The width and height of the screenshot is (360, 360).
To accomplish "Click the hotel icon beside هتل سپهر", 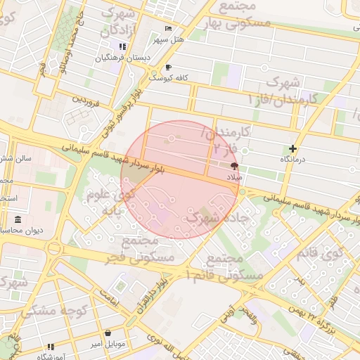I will (x=168, y=28).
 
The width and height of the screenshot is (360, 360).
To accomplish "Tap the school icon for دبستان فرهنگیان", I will (x=123, y=46).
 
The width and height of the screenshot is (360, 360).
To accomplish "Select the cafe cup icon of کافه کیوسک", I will (x=168, y=67).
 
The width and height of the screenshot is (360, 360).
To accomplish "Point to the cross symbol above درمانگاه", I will (x=292, y=148).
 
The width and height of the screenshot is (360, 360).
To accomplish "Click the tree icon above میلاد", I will (x=234, y=167).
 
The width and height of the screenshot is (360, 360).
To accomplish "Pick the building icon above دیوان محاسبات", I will (x=18, y=219).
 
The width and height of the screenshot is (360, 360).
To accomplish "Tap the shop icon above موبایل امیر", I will (x=108, y=333).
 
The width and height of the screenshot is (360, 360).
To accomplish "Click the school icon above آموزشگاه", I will (x=51, y=347).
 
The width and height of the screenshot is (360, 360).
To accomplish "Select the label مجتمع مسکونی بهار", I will (x=245, y=14).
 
